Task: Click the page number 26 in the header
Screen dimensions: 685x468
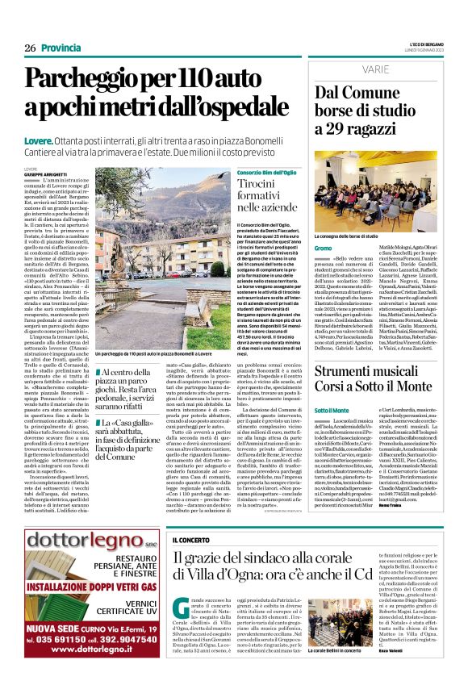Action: click(x=30, y=48)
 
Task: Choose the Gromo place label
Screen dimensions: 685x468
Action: click(x=323, y=248)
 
